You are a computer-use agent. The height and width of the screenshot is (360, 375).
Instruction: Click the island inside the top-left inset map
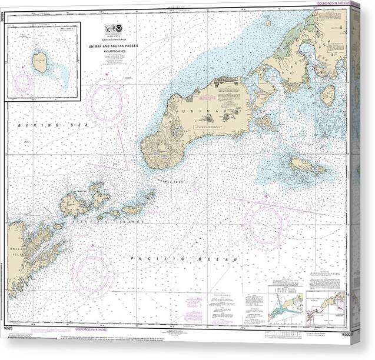40,62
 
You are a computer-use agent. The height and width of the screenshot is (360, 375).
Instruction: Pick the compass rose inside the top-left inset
23,84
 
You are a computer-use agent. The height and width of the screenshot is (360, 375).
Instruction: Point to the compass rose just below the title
107,102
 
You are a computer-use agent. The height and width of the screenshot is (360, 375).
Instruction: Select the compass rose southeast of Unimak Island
266,224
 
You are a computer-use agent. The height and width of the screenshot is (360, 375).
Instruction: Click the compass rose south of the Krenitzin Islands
93,272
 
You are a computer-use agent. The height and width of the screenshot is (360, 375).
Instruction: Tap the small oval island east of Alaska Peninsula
328,94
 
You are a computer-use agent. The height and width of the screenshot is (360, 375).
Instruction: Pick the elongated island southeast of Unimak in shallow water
307,166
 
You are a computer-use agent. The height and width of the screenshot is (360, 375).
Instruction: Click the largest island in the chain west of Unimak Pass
74,204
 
